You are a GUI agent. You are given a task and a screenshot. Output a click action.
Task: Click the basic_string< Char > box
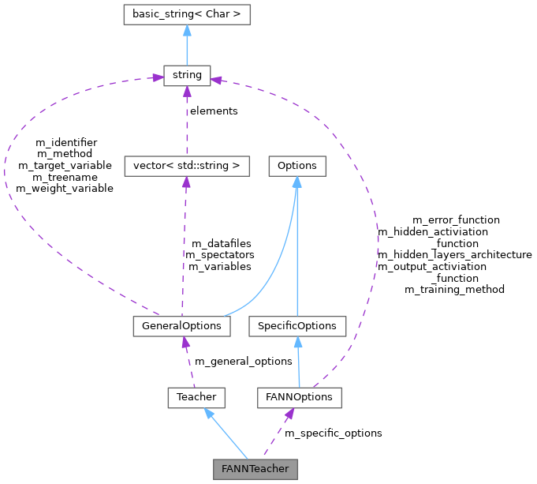pyautogui.click(x=187, y=14)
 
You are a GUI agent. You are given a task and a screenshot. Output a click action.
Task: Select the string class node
pyautogui.click(x=187, y=76)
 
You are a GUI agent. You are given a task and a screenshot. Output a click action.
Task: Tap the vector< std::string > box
pyautogui.click(x=187, y=166)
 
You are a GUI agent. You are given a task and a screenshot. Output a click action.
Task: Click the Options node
pyautogui.click(x=296, y=166)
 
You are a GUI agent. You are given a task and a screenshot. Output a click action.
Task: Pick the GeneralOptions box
pyautogui.click(x=182, y=326)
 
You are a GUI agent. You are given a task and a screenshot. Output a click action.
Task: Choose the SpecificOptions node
pyautogui.click(x=296, y=326)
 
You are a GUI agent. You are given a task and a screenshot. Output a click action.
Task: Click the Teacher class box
pyautogui.click(x=196, y=397)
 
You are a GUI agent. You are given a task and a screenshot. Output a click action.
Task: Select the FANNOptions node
pyautogui.click(x=300, y=397)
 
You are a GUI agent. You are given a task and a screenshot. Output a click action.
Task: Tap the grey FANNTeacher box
pyautogui.click(x=255, y=469)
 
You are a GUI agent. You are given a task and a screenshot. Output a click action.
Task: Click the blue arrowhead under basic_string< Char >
pyautogui.click(x=187, y=30)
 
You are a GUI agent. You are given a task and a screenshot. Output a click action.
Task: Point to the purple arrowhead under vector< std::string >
pyautogui.click(x=186, y=182)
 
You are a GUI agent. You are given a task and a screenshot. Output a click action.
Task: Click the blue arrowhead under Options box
pyautogui.click(x=296, y=182)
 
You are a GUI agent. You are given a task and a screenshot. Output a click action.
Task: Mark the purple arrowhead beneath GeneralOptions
pyautogui.click(x=185, y=343)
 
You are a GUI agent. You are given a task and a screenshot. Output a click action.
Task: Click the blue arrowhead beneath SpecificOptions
pyautogui.click(x=297, y=343)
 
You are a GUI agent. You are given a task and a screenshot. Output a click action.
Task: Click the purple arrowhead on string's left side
pyautogui.click(x=157, y=77)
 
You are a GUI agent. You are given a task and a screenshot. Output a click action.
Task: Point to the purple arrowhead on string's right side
pyautogui.click(x=216, y=79)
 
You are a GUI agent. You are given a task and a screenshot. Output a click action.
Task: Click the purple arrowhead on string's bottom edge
pyautogui.click(x=187, y=92)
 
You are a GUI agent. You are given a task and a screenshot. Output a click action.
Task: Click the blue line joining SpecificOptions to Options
pyautogui.click(x=296, y=253)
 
